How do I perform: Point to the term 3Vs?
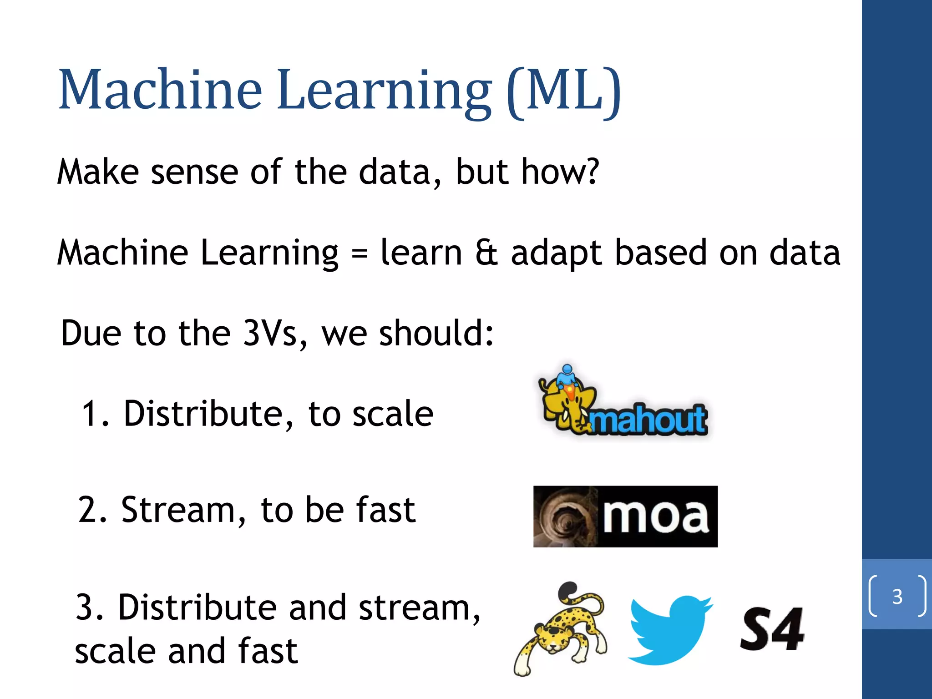(x=270, y=333)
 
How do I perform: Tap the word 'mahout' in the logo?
(x=648, y=420)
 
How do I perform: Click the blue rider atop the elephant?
(x=567, y=376)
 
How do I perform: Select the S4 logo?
(x=771, y=629)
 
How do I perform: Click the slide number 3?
(x=897, y=597)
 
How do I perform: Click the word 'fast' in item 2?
(x=386, y=510)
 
